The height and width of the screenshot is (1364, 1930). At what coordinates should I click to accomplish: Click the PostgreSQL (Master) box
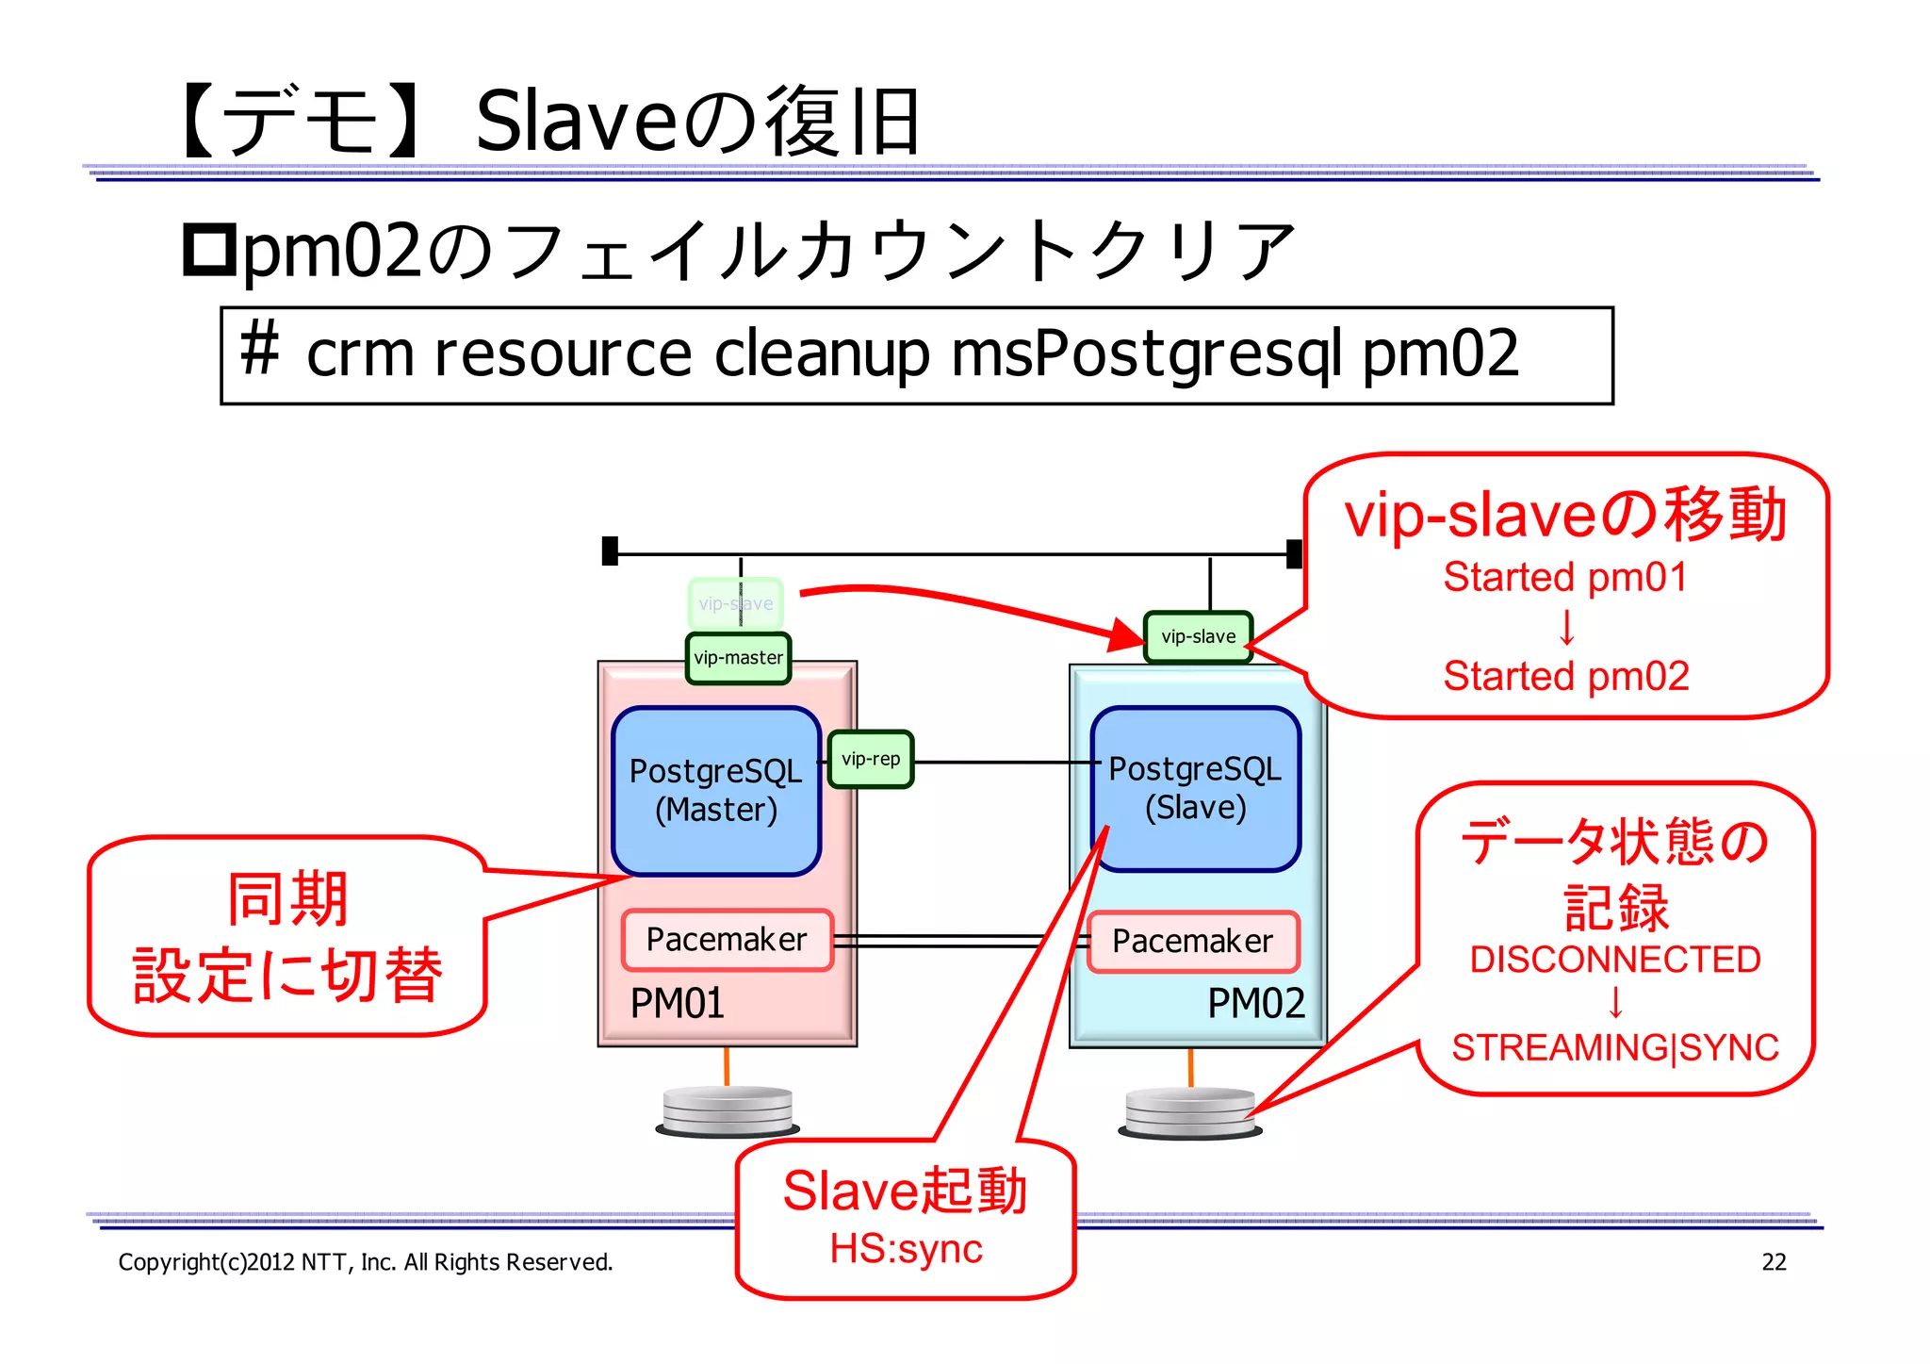(x=716, y=790)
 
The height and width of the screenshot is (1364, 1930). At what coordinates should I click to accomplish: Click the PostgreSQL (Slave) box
(x=1195, y=788)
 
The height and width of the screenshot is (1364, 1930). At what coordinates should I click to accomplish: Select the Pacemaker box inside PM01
(x=727, y=940)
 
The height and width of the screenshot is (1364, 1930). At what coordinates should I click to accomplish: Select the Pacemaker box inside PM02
(x=1192, y=941)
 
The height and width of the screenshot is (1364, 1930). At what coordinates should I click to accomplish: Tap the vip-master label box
(x=738, y=658)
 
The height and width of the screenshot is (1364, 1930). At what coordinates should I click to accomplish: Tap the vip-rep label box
(x=871, y=759)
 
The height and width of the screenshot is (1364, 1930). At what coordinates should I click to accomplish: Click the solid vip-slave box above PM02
(x=1198, y=637)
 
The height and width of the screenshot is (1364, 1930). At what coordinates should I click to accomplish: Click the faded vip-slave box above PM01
(x=735, y=603)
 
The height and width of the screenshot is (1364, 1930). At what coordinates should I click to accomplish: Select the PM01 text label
(x=677, y=1003)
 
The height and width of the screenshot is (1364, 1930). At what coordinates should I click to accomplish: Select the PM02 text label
(x=1255, y=1003)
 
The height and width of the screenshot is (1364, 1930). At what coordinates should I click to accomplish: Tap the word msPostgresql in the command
(x=1146, y=354)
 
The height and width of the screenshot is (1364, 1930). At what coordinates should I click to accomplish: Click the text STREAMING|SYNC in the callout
(x=1614, y=1047)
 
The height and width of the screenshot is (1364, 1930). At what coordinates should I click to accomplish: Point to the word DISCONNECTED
(x=1614, y=960)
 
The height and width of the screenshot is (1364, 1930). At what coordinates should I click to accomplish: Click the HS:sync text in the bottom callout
(x=906, y=1249)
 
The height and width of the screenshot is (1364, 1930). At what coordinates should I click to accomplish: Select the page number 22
(x=1774, y=1262)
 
